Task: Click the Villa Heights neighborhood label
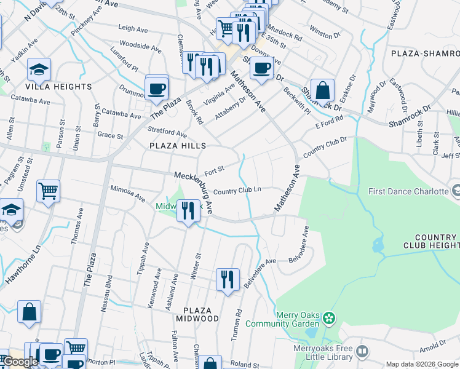point(60,87)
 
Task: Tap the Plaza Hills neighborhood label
point(178,146)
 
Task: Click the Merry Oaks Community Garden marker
point(330,318)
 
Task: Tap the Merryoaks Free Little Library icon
point(362,351)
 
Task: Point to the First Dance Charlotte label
point(408,191)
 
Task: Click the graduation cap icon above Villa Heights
point(39,70)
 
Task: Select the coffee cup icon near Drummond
point(157,89)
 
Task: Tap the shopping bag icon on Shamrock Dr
point(322,92)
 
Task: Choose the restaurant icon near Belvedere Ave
point(228,279)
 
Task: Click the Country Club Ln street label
point(237,191)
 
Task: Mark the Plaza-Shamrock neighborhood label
point(425,54)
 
